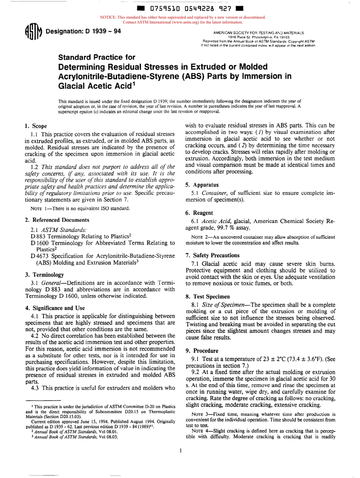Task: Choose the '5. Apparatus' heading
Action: (200, 185)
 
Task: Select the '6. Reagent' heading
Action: (199, 213)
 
